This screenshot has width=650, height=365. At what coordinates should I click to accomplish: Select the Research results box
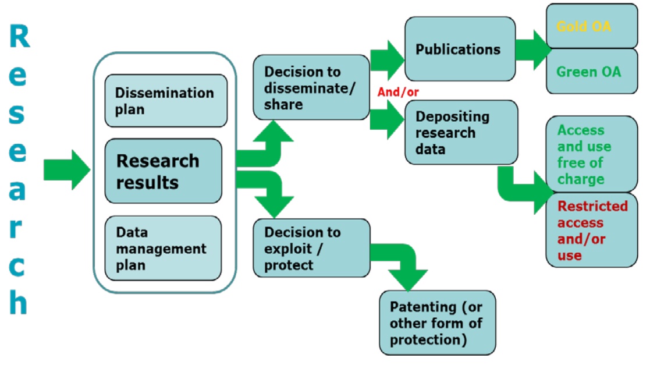163,171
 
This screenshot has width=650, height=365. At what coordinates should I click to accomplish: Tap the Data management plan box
163,249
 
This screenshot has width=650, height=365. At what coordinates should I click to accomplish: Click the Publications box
460,49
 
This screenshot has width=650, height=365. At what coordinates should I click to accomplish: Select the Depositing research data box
461,132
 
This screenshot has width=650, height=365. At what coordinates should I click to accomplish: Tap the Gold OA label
584,26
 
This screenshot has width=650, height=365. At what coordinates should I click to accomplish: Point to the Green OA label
588,72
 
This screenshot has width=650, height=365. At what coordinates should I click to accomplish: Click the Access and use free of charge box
591,154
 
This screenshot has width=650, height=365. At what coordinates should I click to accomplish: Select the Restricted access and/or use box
591,231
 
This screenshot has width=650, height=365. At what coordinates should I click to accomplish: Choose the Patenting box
437,323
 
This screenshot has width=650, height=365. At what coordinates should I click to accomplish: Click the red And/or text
398,91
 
